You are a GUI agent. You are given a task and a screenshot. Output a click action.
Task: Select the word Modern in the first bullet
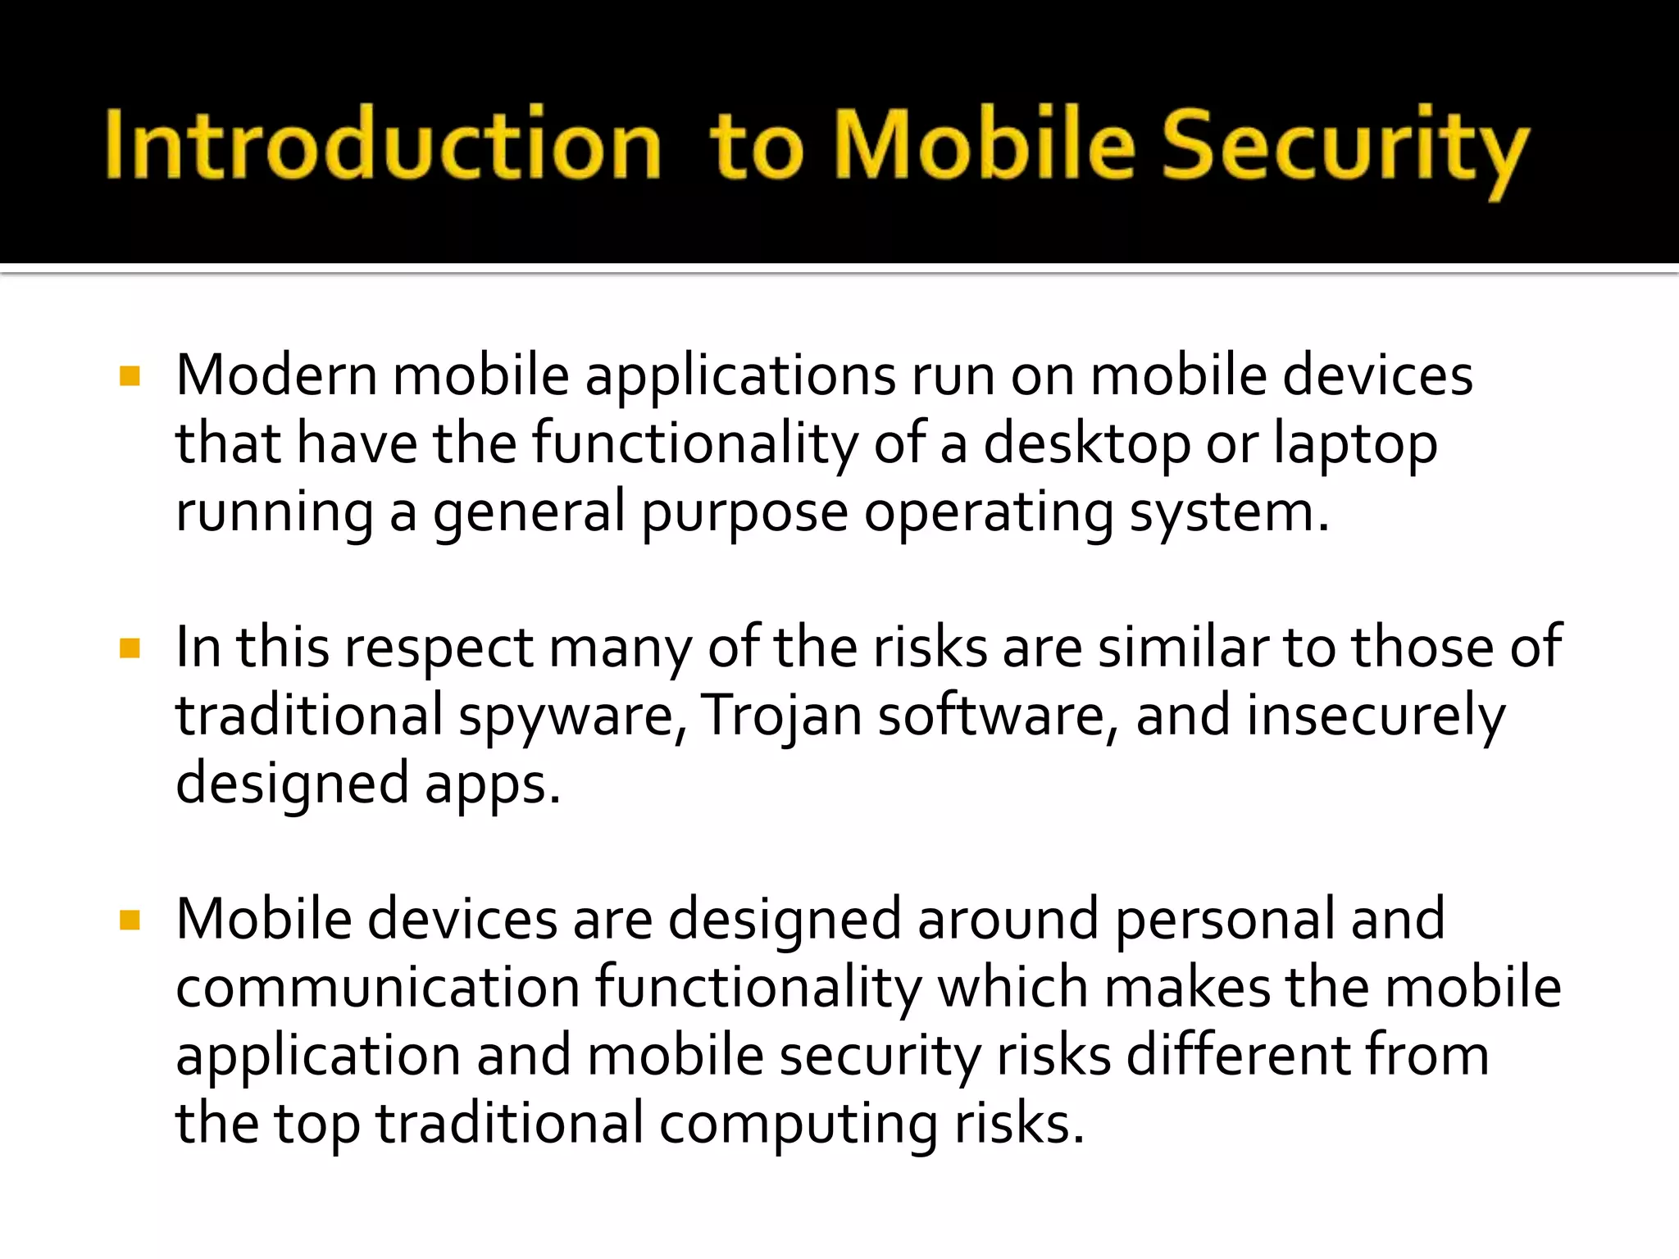click(x=276, y=375)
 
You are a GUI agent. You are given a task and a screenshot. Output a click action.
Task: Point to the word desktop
click(x=1086, y=444)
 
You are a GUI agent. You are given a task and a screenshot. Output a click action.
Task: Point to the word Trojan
click(x=781, y=716)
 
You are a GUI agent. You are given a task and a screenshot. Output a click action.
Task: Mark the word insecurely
click(x=1376, y=716)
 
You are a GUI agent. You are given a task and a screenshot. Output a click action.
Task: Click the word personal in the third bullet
click(x=1226, y=920)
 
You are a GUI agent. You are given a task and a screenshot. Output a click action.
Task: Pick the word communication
click(x=378, y=987)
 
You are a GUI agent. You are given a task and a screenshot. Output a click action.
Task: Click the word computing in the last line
click(x=799, y=1125)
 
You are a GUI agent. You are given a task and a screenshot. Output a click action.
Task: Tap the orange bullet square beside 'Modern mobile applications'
click(x=130, y=376)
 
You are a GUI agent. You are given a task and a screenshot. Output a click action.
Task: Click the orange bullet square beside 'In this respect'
click(x=130, y=648)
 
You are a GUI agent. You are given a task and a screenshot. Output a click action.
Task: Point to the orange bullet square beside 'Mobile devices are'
click(x=130, y=920)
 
